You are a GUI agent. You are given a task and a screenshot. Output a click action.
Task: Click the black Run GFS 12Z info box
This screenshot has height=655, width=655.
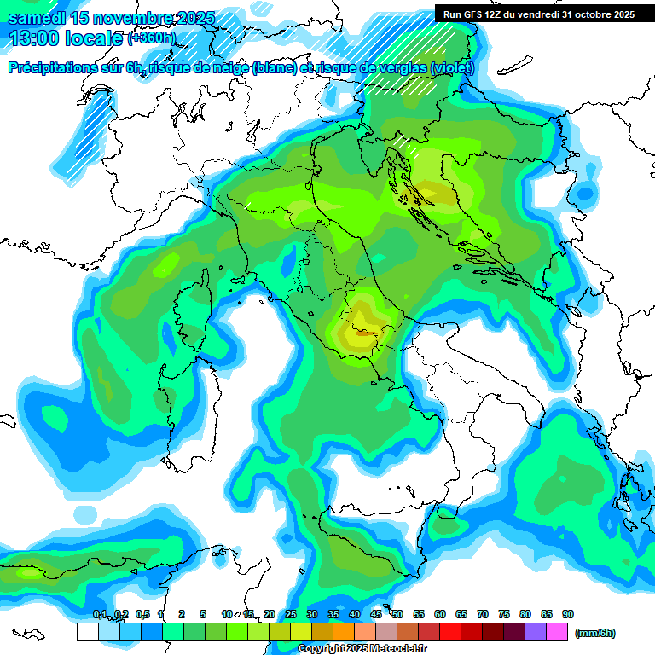(535, 14)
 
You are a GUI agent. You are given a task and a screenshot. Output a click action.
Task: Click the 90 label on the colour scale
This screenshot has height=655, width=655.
(568, 614)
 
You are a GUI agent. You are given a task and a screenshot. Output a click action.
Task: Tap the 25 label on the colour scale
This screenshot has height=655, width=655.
(291, 614)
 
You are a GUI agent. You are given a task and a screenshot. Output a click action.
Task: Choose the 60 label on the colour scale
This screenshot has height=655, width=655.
(440, 614)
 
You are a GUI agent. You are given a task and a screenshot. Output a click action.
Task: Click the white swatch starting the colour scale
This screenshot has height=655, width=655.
(87, 632)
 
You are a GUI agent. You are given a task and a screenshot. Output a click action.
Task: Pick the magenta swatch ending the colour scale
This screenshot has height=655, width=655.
(557, 632)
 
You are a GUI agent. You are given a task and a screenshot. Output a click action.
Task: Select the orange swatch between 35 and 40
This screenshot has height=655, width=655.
(344, 632)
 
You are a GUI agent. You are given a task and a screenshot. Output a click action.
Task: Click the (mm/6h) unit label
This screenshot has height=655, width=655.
(595, 633)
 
